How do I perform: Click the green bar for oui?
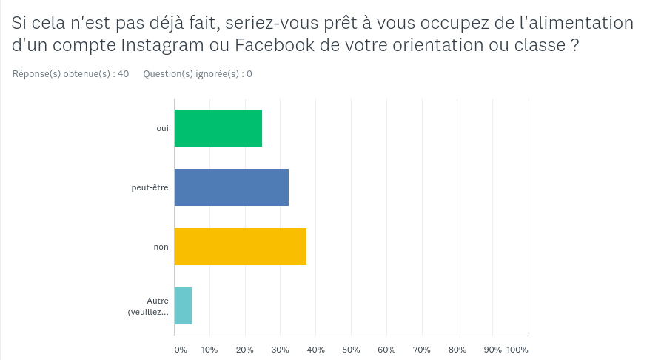[x=218, y=128]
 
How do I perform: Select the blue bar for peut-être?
[x=232, y=187]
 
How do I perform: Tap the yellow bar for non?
[x=241, y=247]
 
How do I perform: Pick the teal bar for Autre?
[x=183, y=306]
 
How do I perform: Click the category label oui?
[x=162, y=128]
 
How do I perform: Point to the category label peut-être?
[x=150, y=187]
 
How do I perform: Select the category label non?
[x=161, y=247]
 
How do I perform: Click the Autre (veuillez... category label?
[x=148, y=307]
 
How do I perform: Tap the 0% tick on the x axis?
[x=180, y=349]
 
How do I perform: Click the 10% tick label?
[x=209, y=349]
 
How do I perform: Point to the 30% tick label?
[x=280, y=349]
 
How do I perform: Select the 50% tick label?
[x=351, y=349]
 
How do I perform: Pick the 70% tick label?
[x=421, y=349]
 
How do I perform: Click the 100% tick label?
[x=517, y=349]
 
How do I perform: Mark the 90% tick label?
[x=492, y=349]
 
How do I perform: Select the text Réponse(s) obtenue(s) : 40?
[x=71, y=74]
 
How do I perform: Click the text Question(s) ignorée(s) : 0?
[x=198, y=74]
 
